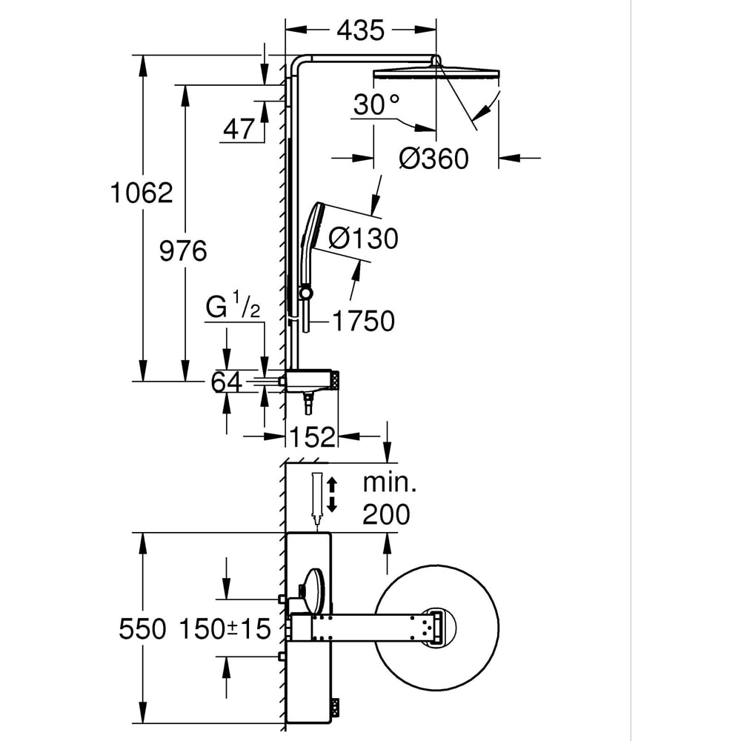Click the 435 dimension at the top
tap(361, 30)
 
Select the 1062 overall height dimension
tap(141, 193)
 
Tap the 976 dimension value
tap(184, 251)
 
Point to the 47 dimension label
tap(239, 130)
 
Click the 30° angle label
tap(376, 105)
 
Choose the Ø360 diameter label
tap(433, 158)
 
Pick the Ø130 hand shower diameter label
tap(363, 238)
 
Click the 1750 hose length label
tap(363, 321)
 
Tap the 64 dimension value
tap(227, 382)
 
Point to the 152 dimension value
tap(312, 436)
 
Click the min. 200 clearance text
tap(389, 498)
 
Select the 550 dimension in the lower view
tap(142, 629)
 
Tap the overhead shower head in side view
tap(436, 73)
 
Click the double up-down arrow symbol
tap(332, 494)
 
